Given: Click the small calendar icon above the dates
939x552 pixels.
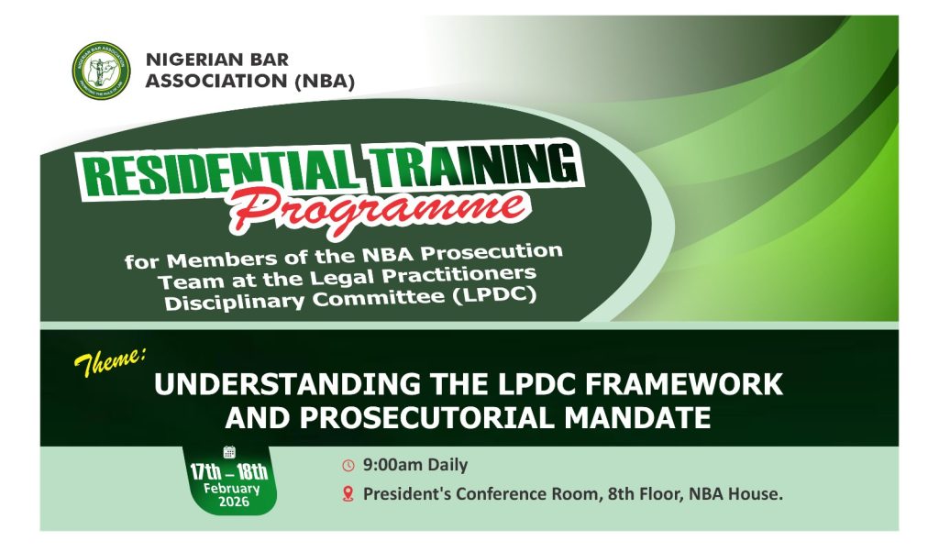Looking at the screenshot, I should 228,452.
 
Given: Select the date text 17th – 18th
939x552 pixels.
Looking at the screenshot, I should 228,472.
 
